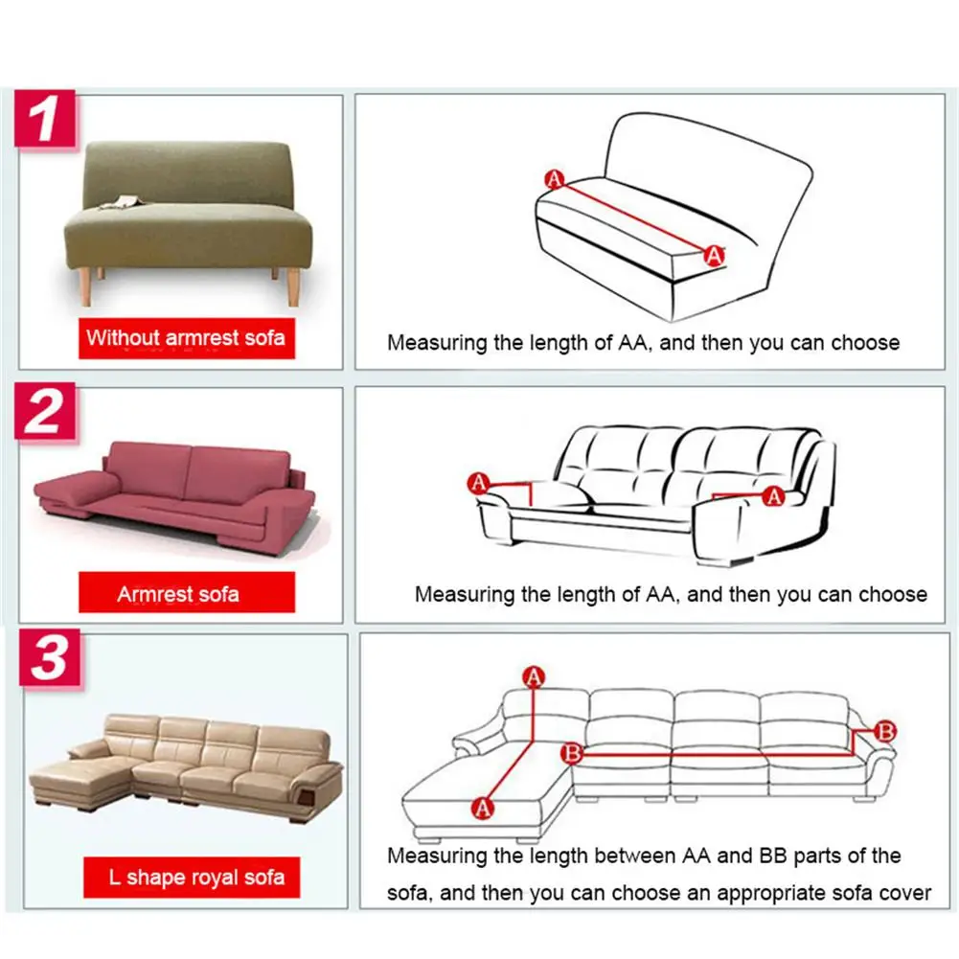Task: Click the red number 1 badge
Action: coord(45,119)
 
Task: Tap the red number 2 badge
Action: coord(45,411)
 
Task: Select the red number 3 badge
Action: coord(50,657)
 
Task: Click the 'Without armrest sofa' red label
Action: coord(187,338)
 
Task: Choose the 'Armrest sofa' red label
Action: coord(187,593)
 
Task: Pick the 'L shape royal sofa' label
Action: coord(192,877)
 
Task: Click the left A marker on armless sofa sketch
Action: coord(554,179)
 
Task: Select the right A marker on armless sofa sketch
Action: coord(714,255)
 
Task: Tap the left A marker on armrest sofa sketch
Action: coord(478,483)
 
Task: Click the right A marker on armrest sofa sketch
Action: coord(774,496)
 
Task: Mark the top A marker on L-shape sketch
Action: coord(534,677)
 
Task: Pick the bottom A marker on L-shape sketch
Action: coord(483,808)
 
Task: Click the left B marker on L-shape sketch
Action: coord(572,753)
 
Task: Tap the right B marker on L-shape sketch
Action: coord(885,731)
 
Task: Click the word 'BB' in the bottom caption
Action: coord(772,855)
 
